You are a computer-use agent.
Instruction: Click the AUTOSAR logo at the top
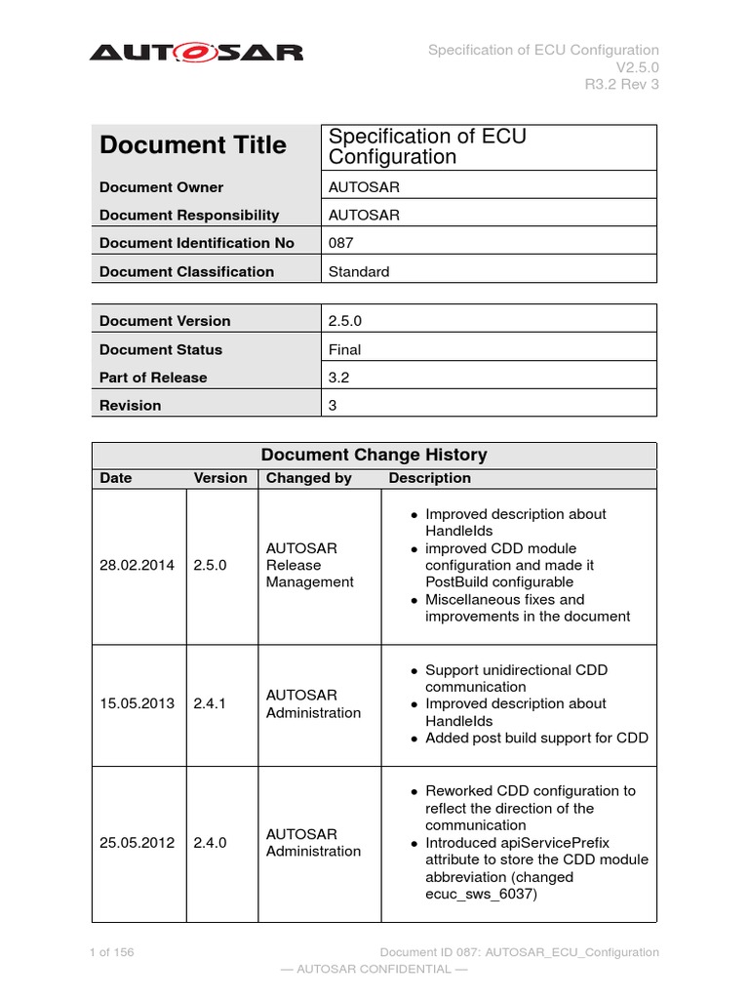coord(196,51)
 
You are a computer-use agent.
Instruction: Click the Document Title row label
coord(193,145)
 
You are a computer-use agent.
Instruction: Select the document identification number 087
coord(341,243)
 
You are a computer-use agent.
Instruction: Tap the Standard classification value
coord(359,272)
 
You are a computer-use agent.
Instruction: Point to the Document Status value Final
coord(344,349)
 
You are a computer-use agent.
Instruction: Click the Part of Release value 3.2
coord(338,378)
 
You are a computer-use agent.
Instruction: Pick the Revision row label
coord(131,405)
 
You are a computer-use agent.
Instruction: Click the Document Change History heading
coord(374,455)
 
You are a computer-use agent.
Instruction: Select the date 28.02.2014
coord(137,565)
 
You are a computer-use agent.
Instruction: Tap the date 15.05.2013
coord(137,703)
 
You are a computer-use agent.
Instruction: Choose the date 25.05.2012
coord(137,842)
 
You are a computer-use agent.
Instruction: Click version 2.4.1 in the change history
coord(210,703)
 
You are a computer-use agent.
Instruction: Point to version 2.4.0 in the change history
coord(210,842)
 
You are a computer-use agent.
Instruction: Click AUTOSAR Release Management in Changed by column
coord(309,565)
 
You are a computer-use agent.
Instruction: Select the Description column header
coord(429,478)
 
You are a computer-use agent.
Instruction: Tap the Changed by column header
coord(308,478)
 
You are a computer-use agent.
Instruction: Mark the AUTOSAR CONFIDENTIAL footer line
coord(374,969)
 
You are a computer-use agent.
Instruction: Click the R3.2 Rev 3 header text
coord(621,84)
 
